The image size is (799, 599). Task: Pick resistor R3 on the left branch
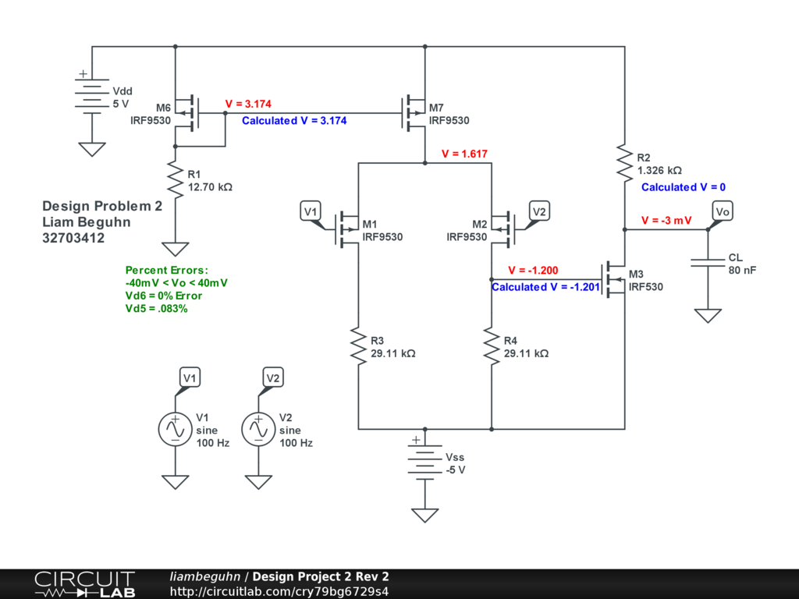tap(358, 347)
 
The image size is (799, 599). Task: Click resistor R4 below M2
tap(492, 347)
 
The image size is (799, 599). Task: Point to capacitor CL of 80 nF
tap(708, 264)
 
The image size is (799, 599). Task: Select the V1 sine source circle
tap(175, 429)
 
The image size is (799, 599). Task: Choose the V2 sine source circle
tap(258, 429)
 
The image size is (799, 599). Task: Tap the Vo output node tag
tap(723, 211)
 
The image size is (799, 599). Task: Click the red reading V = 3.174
tap(247, 104)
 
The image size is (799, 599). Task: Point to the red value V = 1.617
tap(464, 154)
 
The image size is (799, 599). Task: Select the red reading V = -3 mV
tap(666, 221)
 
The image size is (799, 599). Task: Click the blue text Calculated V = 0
tap(684, 187)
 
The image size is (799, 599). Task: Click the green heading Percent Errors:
tap(167, 270)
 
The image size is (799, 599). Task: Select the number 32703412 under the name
tap(73, 238)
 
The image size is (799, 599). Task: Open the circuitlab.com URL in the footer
tap(279, 591)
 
